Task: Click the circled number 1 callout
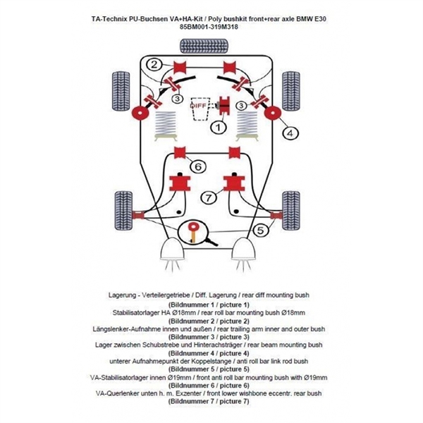point(219,128)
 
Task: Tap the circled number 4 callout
point(289,132)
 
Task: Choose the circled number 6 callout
point(198,166)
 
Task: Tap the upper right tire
point(291,87)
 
